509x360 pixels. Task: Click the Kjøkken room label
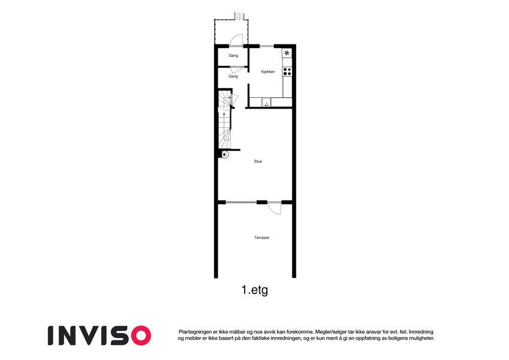[268, 71]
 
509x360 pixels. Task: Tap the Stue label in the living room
[258, 161]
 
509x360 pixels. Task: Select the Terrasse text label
[261, 238]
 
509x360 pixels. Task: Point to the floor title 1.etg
[255, 290]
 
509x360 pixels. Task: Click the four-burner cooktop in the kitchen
[287, 71]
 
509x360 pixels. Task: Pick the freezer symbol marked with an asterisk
[287, 53]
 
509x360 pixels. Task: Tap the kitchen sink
[266, 103]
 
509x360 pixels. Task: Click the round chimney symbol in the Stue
[225, 155]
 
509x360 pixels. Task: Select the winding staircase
[224, 119]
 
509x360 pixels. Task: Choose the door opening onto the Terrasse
[275, 208]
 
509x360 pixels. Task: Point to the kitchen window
[267, 46]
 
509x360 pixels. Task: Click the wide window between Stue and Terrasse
[241, 202]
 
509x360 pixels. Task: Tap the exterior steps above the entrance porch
[239, 16]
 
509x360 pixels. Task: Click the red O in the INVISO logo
[141, 335]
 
